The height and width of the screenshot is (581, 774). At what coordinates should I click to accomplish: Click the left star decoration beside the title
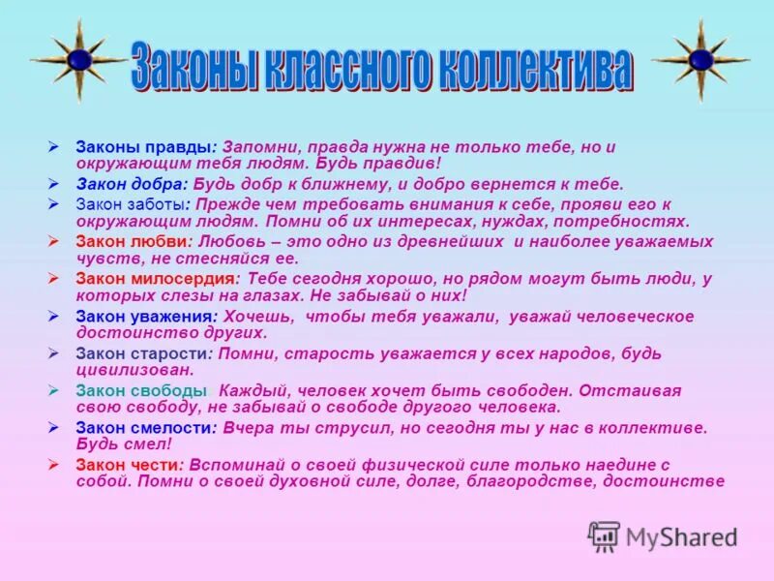tap(79, 60)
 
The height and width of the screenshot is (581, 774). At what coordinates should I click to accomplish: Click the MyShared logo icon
tap(604, 536)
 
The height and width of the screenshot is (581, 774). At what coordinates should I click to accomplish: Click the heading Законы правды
tap(143, 147)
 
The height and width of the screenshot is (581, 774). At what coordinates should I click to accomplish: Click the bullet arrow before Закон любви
tap(55, 242)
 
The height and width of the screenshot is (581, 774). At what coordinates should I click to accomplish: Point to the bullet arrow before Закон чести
tap(55, 465)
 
